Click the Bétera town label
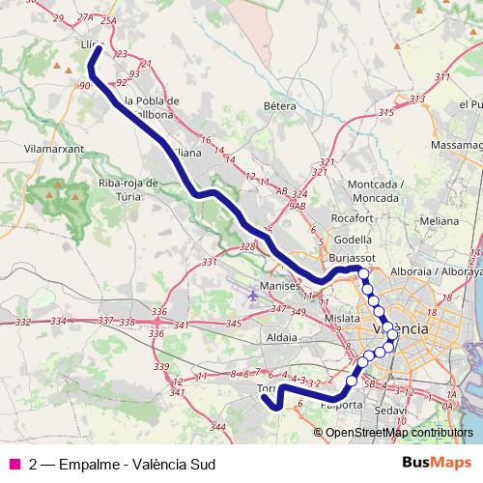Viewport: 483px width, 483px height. (x=278, y=104)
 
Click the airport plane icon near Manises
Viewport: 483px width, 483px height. (x=253, y=294)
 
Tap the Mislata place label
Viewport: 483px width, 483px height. (x=342, y=317)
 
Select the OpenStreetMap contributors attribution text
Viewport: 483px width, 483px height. (x=399, y=432)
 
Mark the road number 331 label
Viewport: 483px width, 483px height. (x=210, y=262)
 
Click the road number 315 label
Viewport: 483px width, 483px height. (x=386, y=113)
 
